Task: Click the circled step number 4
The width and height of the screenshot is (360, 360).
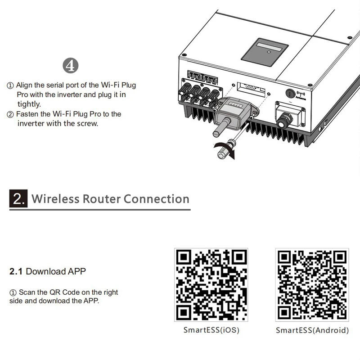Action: point(70,66)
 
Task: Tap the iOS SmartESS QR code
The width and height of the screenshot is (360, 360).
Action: point(211,285)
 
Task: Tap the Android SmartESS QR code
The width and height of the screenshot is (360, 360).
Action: point(312,285)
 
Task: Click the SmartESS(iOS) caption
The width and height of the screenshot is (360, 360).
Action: point(211,330)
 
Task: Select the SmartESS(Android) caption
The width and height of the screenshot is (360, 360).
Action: point(312,330)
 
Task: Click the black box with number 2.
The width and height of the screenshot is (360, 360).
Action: point(18,199)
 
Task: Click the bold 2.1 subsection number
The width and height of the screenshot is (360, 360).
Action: point(16,271)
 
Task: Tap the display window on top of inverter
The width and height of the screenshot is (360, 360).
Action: point(265,52)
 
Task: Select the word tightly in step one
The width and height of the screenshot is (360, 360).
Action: point(29,104)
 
